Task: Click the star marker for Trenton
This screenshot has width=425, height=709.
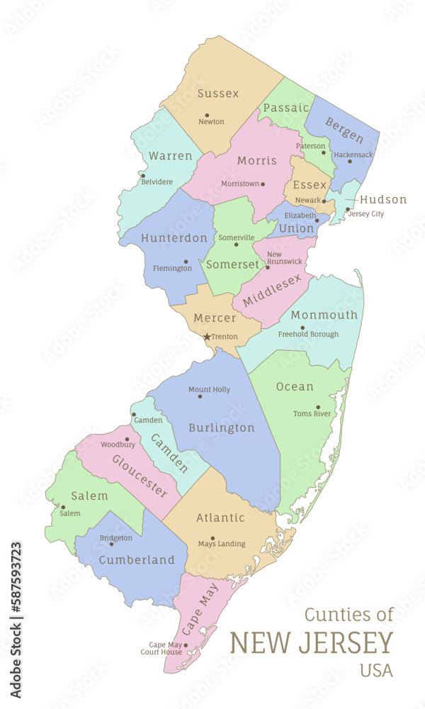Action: click(207, 337)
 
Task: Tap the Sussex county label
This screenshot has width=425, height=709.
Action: click(218, 94)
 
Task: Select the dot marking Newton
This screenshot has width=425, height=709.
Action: click(207, 115)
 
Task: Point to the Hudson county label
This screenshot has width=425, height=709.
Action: click(383, 199)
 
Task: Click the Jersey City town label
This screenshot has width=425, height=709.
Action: click(367, 214)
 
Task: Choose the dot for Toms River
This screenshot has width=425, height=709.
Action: click(317, 408)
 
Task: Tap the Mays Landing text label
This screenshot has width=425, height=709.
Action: click(222, 545)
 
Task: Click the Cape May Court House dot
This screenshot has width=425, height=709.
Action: click(186, 645)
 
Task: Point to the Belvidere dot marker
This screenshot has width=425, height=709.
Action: click(143, 176)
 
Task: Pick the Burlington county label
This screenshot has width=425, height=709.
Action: click(222, 428)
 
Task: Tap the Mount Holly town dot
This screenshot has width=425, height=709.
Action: click(200, 396)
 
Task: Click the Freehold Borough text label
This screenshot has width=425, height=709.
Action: click(308, 334)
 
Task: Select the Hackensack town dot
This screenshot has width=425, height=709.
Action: click(350, 161)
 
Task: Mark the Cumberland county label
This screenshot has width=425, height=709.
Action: click(137, 560)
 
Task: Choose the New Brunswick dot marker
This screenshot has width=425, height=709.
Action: click(267, 267)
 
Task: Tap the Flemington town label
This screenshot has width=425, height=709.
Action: click(172, 269)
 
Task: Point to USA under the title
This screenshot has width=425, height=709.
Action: click(376, 670)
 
